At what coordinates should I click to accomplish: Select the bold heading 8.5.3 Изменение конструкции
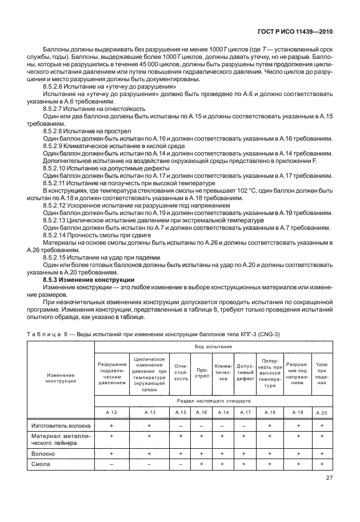89,280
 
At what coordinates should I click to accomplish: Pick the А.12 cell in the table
112,412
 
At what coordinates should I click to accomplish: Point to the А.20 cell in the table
322,412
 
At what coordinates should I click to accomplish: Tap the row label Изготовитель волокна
57,425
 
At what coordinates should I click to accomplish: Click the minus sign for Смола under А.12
112,464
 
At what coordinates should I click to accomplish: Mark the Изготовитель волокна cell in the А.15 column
181,425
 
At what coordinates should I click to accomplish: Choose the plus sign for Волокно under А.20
322,453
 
